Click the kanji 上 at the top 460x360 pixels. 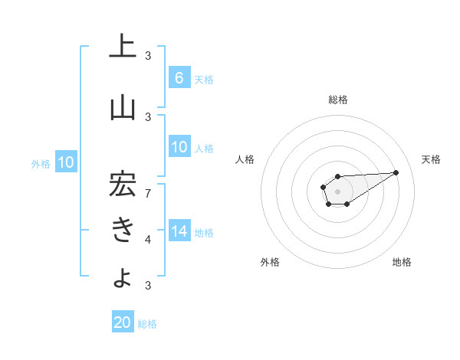point(123,46)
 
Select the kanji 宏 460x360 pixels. point(123,185)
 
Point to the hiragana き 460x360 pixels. point(123,230)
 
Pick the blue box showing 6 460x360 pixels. point(179,77)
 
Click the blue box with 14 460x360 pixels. point(179,231)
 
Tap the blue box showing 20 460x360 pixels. point(123,322)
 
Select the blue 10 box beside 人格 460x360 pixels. point(179,147)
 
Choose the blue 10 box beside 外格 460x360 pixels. point(66,162)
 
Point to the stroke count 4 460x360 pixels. point(149,240)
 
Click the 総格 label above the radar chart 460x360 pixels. point(337,100)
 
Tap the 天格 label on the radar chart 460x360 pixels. point(431,159)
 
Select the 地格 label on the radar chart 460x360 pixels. point(402,262)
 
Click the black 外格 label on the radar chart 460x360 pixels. point(270,262)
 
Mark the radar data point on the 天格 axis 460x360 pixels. point(396,172)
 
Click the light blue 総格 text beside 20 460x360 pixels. point(147,324)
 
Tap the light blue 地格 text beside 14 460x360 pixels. point(204,232)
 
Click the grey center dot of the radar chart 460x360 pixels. point(337,191)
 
